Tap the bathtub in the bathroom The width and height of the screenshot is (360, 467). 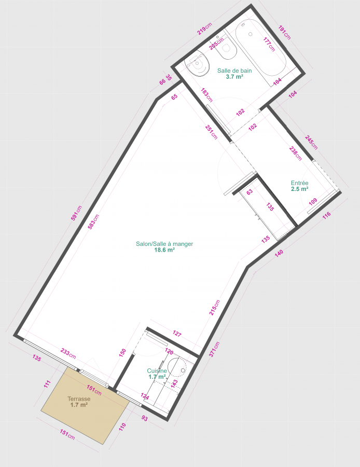(x=261, y=48)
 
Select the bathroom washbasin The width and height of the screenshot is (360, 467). (x=197, y=64)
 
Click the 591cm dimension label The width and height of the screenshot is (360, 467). (x=76, y=213)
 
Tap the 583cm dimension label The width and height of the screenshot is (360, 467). (x=93, y=222)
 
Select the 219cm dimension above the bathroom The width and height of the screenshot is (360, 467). (x=204, y=29)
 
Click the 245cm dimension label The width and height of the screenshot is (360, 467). (x=311, y=142)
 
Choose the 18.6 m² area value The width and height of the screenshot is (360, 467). (x=164, y=250)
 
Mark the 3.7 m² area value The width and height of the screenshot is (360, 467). (x=234, y=77)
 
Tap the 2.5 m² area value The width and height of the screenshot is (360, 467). (x=299, y=189)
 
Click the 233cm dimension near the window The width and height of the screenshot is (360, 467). (x=68, y=353)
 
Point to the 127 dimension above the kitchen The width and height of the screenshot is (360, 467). (x=177, y=334)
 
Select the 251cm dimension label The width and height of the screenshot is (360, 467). (x=212, y=132)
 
